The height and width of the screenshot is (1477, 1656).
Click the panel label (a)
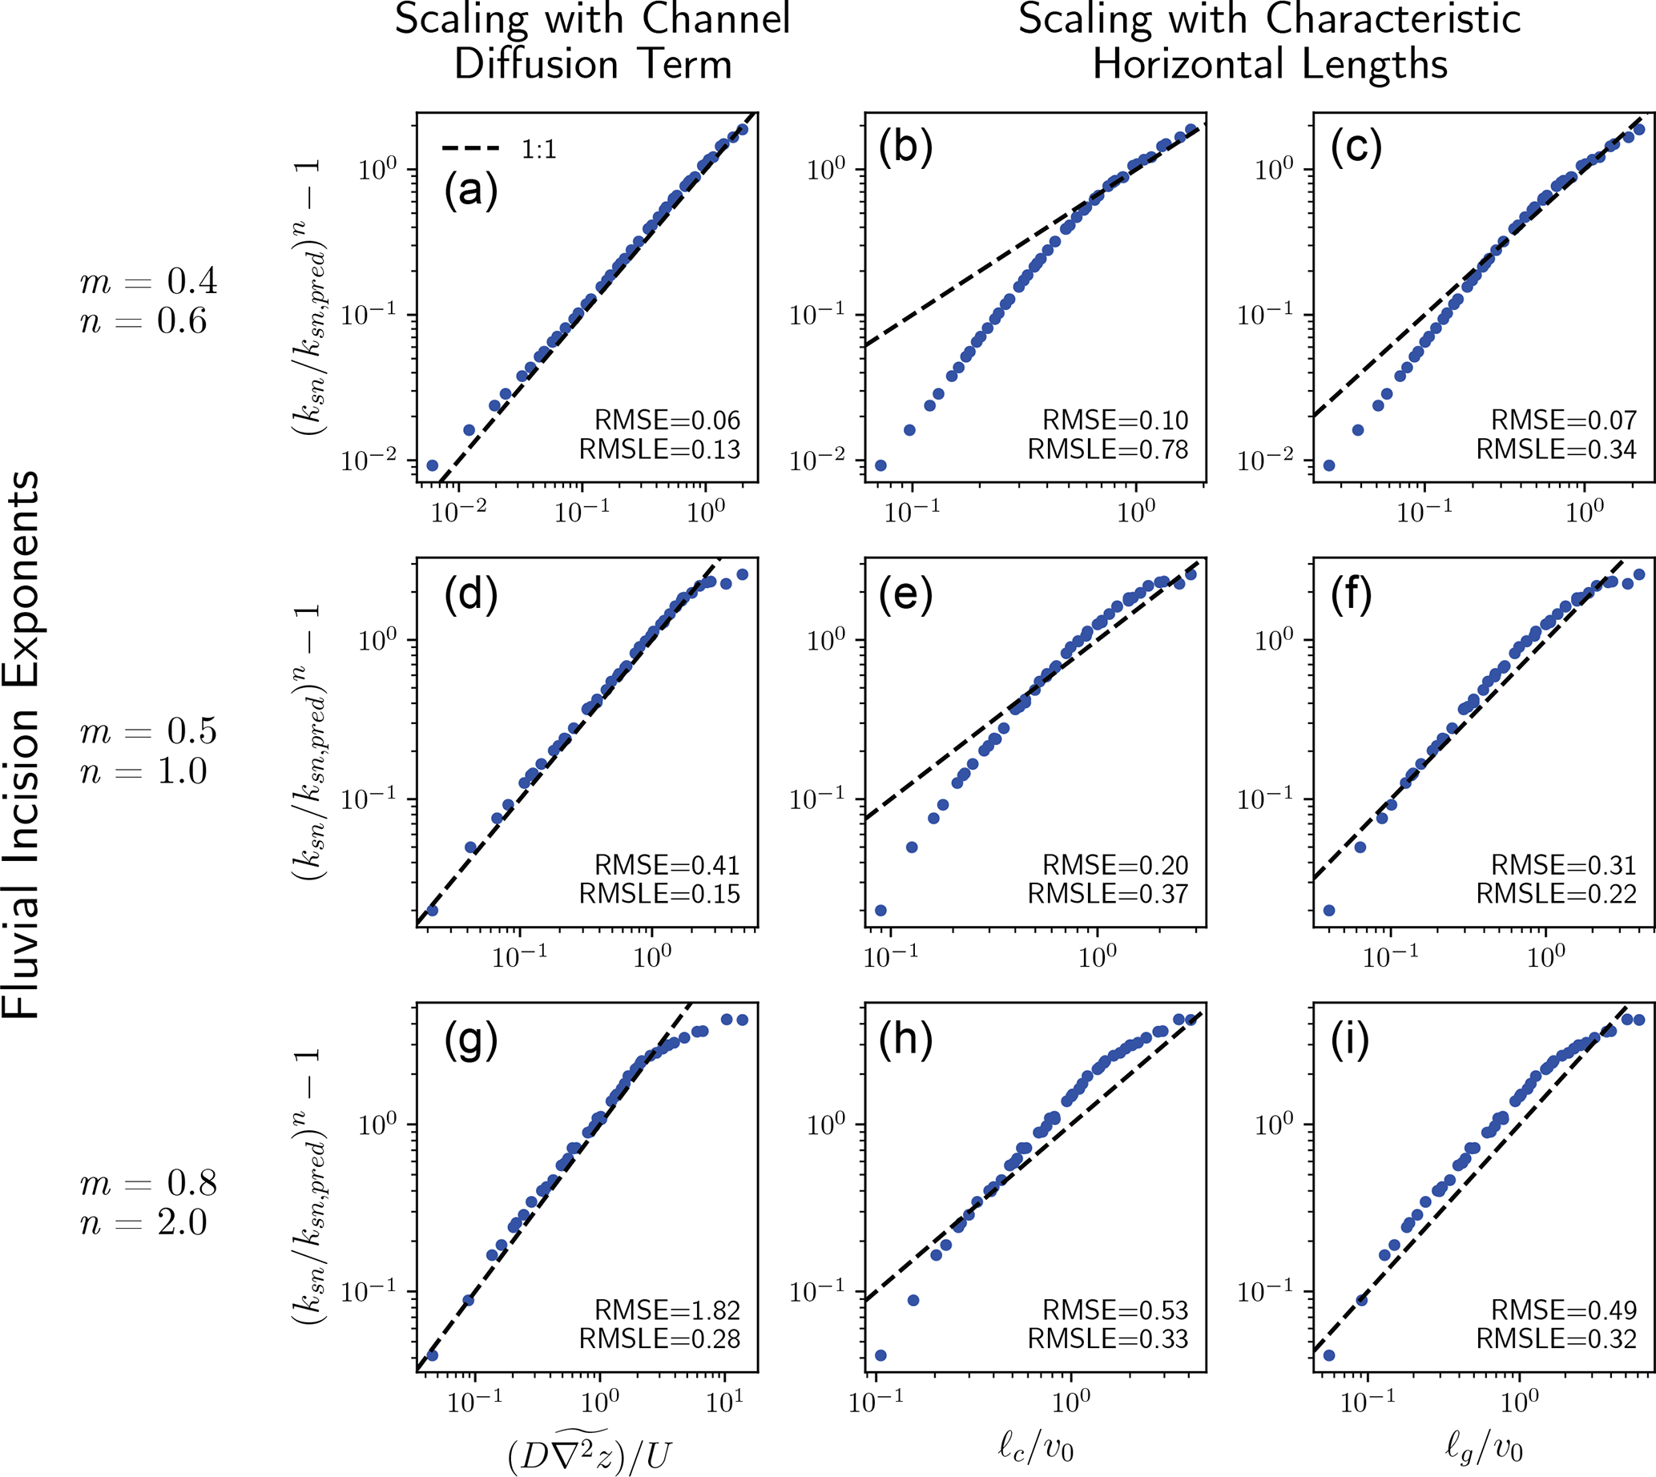pyautogui.click(x=471, y=191)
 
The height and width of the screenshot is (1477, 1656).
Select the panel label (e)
pyautogui.click(x=906, y=594)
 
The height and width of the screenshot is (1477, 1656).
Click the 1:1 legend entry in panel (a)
pyautogui.click(x=500, y=149)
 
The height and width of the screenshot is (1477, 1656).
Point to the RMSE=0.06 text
pyautogui.click(x=667, y=421)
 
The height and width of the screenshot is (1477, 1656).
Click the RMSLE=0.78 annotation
pyautogui.click(x=1108, y=449)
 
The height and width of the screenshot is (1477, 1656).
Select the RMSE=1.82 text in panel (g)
pyautogui.click(x=667, y=1310)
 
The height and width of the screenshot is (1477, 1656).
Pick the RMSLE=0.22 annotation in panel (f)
pyautogui.click(x=1556, y=894)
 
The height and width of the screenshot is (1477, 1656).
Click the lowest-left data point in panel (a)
pyautogui.click(x=432, y=466)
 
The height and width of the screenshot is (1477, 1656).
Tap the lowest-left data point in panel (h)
pyautogui.click(x=880, y=1355)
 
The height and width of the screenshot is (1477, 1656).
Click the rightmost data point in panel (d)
pyautogui.click(x=742, y=574)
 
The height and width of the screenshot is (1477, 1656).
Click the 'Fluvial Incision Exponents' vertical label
pyautogui.click(x=21, y=743)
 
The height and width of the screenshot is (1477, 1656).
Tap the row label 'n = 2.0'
pyautogui.click(x=143, y=1222)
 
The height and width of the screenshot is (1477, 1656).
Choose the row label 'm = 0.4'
pyautogui.click(x=148, y=282)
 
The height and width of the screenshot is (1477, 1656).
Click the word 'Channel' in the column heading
pyautogui.click(x=715, y=19)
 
